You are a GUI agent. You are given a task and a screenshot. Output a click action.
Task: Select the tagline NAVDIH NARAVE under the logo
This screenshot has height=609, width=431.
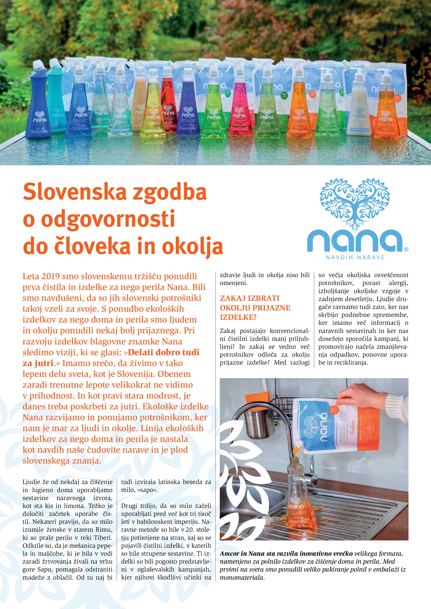(x=355, y=257)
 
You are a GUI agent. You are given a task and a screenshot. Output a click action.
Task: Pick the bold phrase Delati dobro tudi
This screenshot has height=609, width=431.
(x=163, y=352)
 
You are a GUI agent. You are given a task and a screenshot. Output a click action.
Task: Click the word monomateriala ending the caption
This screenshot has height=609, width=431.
(x=242, y=578)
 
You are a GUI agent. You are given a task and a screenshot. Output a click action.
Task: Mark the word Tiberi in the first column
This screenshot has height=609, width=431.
(x=103, y=538)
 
